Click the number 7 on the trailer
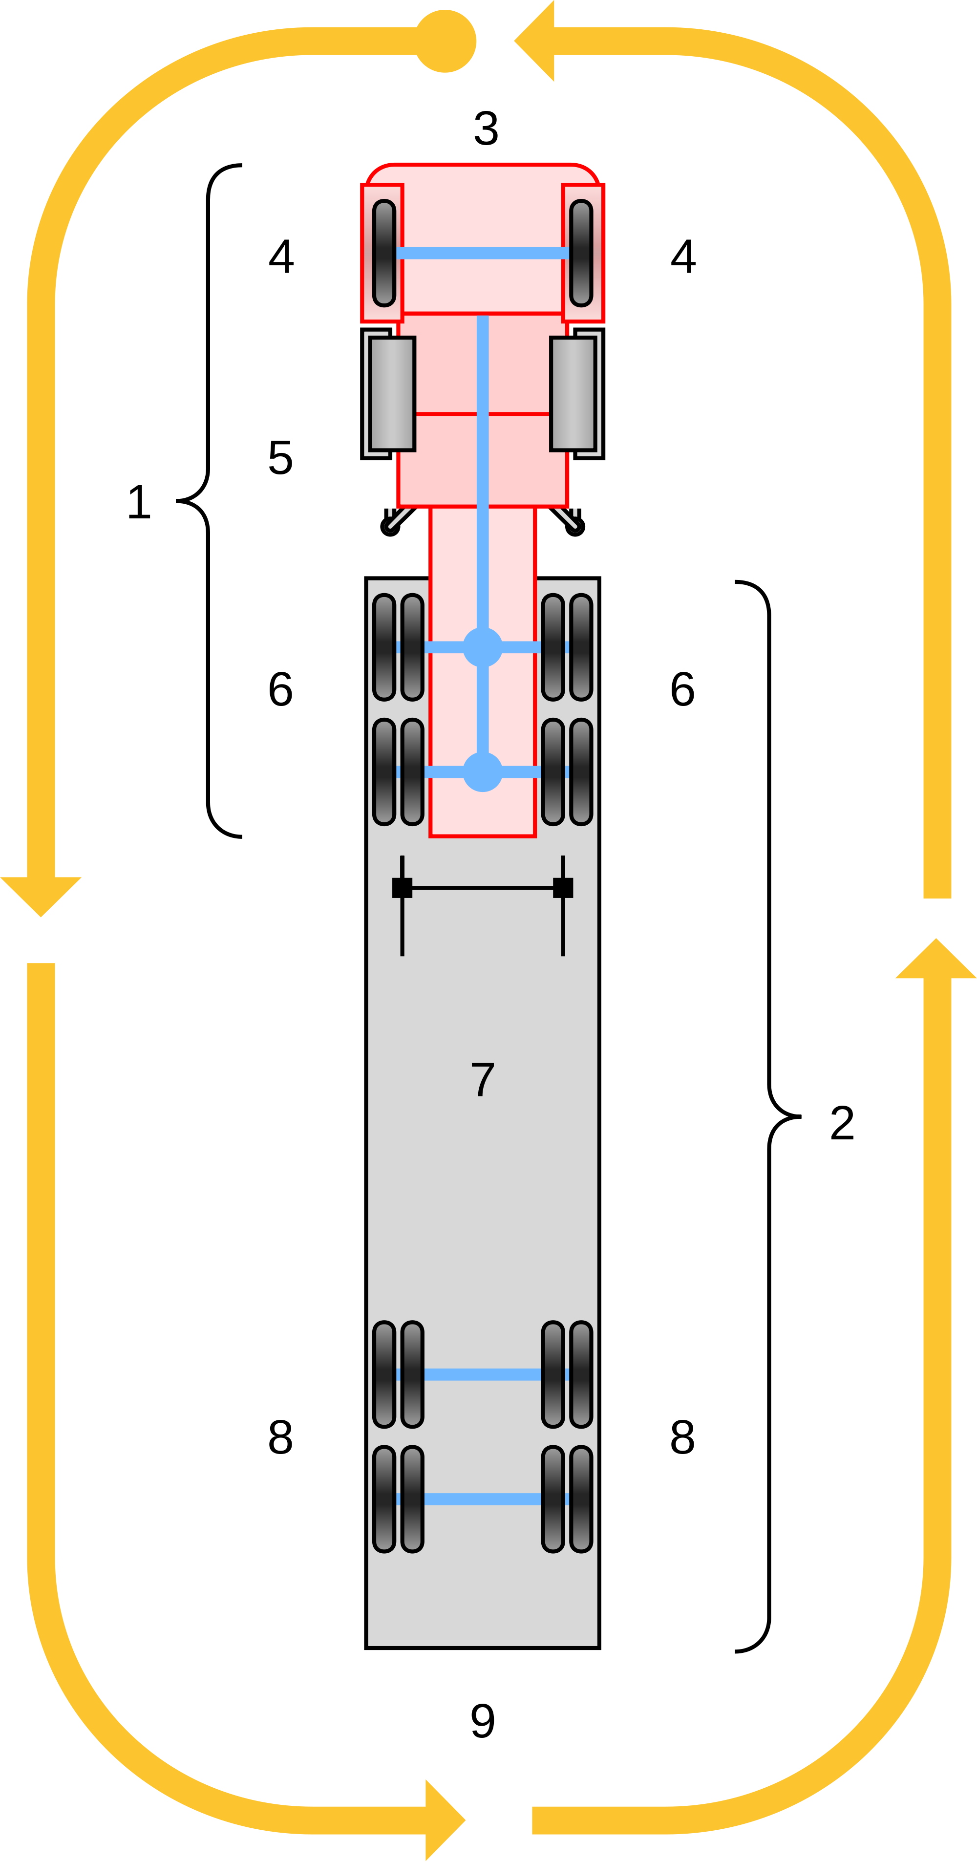[482, 1079]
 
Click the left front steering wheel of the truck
[384, 253]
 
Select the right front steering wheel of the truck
[581, 253]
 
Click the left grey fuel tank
[391, 394]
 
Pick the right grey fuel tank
[574, 394]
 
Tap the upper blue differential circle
[482, 647]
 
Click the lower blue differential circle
[482, 771]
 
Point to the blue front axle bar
[482, 253]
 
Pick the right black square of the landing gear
[563, 888]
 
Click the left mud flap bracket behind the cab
[398, 519]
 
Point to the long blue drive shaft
[482, 470]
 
